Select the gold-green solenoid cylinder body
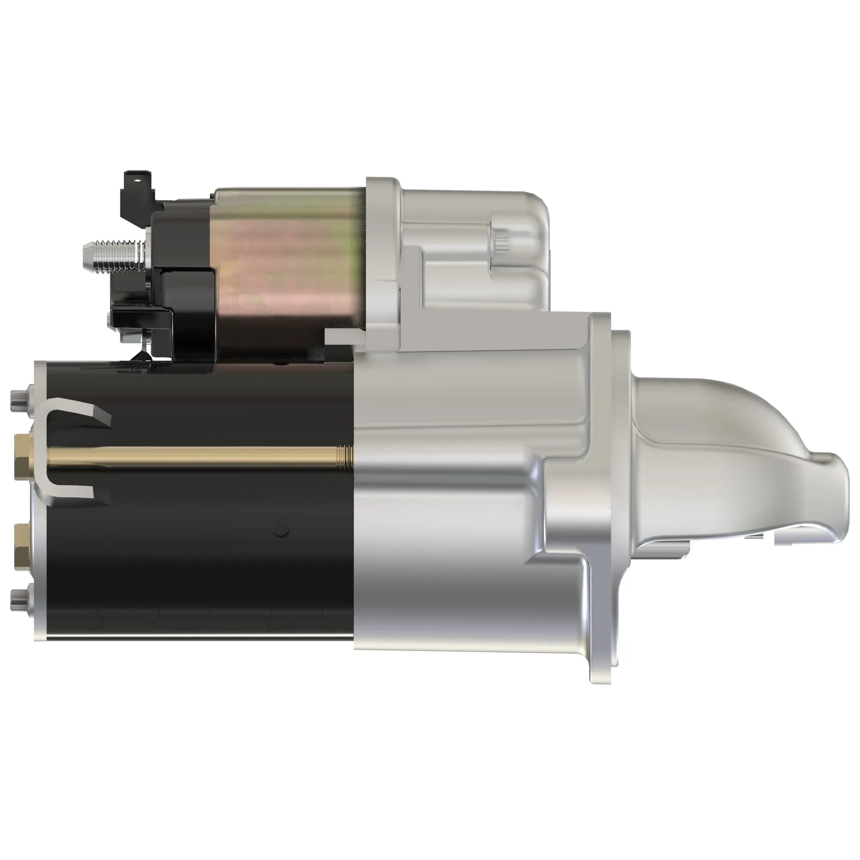tap(289, 263)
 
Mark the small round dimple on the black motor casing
tap(281, 530)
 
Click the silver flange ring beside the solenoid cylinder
tap(383, 258)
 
